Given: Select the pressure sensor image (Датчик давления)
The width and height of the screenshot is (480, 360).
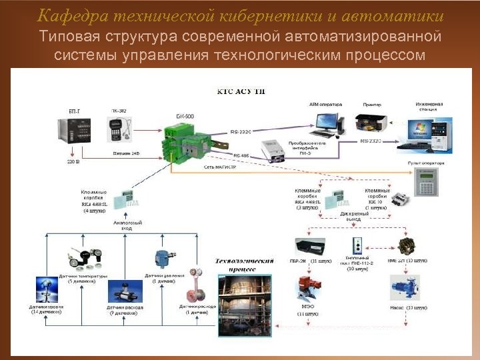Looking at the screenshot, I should [161, 257].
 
